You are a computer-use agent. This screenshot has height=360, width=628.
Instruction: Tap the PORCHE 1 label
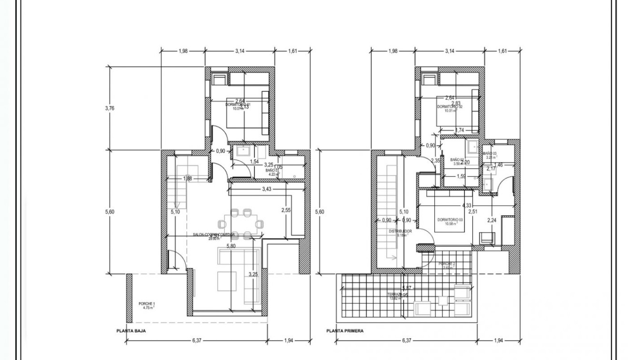147,306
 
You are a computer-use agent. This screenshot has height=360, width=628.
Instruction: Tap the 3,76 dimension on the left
110,108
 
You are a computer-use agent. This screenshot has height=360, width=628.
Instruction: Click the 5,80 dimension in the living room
231,246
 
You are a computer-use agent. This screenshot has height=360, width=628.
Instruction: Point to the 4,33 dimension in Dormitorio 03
467,206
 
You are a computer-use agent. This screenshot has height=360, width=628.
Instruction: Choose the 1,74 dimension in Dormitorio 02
459,130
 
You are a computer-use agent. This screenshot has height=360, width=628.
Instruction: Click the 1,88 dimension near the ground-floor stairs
188,179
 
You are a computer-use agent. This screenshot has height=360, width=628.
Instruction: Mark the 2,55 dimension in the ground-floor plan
285,210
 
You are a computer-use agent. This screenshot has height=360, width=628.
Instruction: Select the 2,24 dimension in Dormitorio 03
492,220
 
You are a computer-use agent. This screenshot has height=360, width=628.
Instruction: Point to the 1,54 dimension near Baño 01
254,162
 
